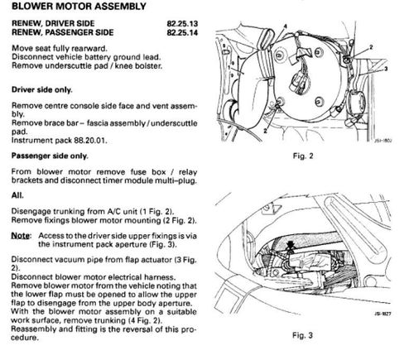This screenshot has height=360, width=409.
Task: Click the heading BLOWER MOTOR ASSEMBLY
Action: tap(79, 7)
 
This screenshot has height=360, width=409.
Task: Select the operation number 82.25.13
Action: tap(182, 24)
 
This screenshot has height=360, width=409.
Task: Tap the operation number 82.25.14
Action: tap(182, 32)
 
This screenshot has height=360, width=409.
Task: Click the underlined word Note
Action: tap(21, 236)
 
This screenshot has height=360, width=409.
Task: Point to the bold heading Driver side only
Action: tap(42, 90)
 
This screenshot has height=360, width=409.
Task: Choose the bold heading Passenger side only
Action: tap(50, 156)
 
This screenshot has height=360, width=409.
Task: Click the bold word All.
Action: tap(17, 195)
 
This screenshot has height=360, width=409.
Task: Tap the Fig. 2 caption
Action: tap(303, 156)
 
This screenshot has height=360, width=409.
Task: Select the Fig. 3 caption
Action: tap(302, 335)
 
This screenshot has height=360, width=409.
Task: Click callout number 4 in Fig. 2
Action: tap(286, 26)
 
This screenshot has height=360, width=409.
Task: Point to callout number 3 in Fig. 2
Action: tap(386, 69)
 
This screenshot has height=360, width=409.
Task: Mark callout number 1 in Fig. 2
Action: tap(229, 67)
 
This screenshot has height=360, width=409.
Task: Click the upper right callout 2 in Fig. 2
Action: tap(371, 47)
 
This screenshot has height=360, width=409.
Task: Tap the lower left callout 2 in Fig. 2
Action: tap(265, 131)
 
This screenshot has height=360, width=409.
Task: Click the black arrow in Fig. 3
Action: tap(290, 246)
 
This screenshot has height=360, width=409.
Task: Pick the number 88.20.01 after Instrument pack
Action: tap(89, 141)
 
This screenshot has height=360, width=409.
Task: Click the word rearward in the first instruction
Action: tap(89, 49)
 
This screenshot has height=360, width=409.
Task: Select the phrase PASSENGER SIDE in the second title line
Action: tap(79, 32)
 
